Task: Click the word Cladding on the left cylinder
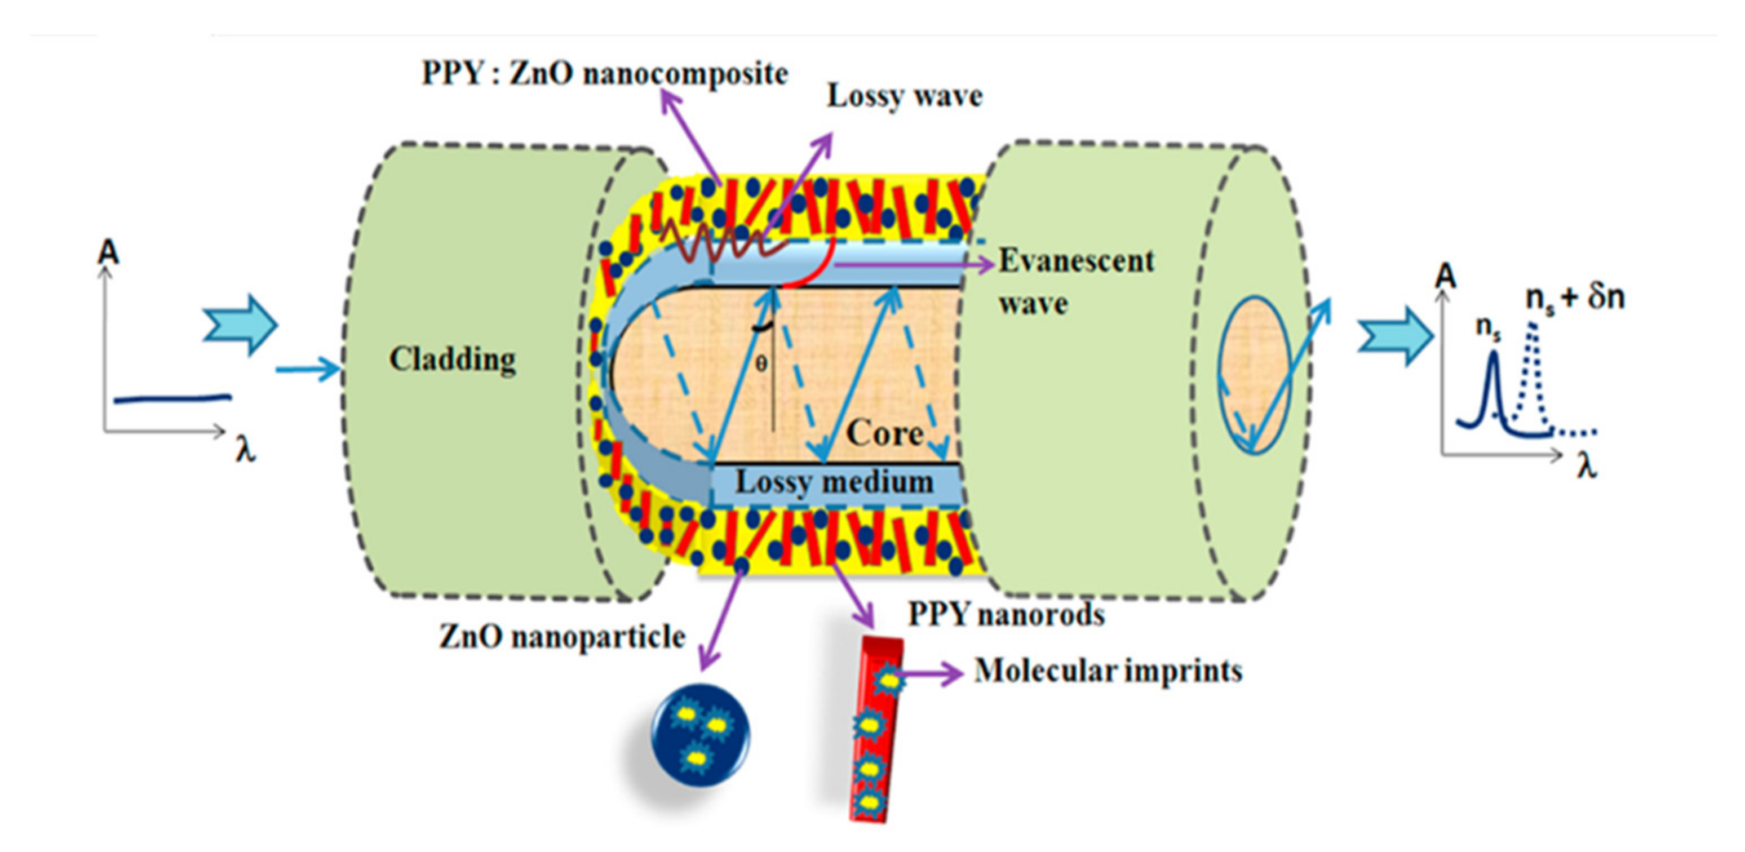(452, 360)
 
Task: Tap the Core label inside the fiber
(885, 433)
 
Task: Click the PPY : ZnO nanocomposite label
(604, 74)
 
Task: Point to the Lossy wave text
(904, 95)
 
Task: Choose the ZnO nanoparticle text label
(563, 637)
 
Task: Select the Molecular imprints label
(1108, 671)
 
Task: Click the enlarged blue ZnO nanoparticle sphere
(700, 737)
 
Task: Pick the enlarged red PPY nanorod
(874, 728)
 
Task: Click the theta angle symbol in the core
(761, 365)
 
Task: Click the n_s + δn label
(1575, 298)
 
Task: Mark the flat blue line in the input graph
(172, 399)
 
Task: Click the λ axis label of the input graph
(245, 450)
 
